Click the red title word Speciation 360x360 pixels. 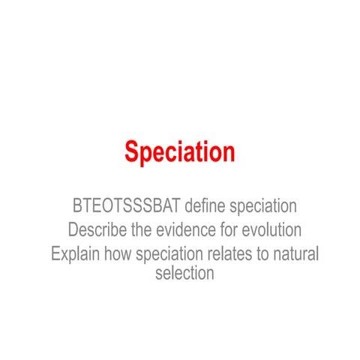179,152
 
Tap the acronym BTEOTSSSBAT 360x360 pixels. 127,205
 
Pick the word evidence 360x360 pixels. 184,229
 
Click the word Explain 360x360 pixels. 75,253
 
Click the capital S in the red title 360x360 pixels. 132,152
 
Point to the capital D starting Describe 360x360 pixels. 73,229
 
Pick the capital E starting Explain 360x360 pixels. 56,253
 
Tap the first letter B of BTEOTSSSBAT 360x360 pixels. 78,205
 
